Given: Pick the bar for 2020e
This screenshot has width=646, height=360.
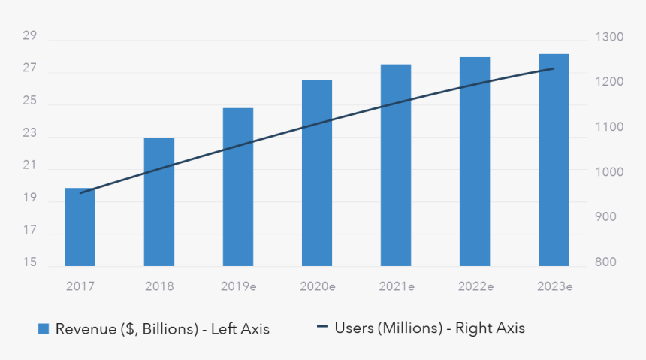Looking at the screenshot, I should [x=317, y=173].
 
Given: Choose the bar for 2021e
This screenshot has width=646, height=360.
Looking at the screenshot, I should [x=396, y=165].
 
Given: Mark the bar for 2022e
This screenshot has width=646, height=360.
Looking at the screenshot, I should [x=475, y=162].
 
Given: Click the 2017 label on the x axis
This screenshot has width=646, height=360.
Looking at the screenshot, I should [x=80, y=286].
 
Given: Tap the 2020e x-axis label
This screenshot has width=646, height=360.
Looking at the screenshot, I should [x=317, y=286].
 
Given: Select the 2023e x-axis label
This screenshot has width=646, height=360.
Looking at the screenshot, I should [x=554, y=286].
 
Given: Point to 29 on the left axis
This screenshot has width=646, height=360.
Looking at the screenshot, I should [x=30, y=36].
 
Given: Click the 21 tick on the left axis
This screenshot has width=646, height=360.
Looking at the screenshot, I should [x=30, y=166].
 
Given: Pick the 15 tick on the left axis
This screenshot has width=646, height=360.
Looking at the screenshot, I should [x=30, y=262].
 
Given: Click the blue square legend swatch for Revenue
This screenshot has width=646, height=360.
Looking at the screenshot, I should [x=44, y=328].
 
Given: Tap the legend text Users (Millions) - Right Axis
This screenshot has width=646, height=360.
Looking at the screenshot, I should [x=430, y=328].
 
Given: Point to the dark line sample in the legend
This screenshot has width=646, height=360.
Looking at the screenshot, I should [x=322, y=328].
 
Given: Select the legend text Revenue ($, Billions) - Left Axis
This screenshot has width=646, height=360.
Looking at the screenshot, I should [x=162, y=328].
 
